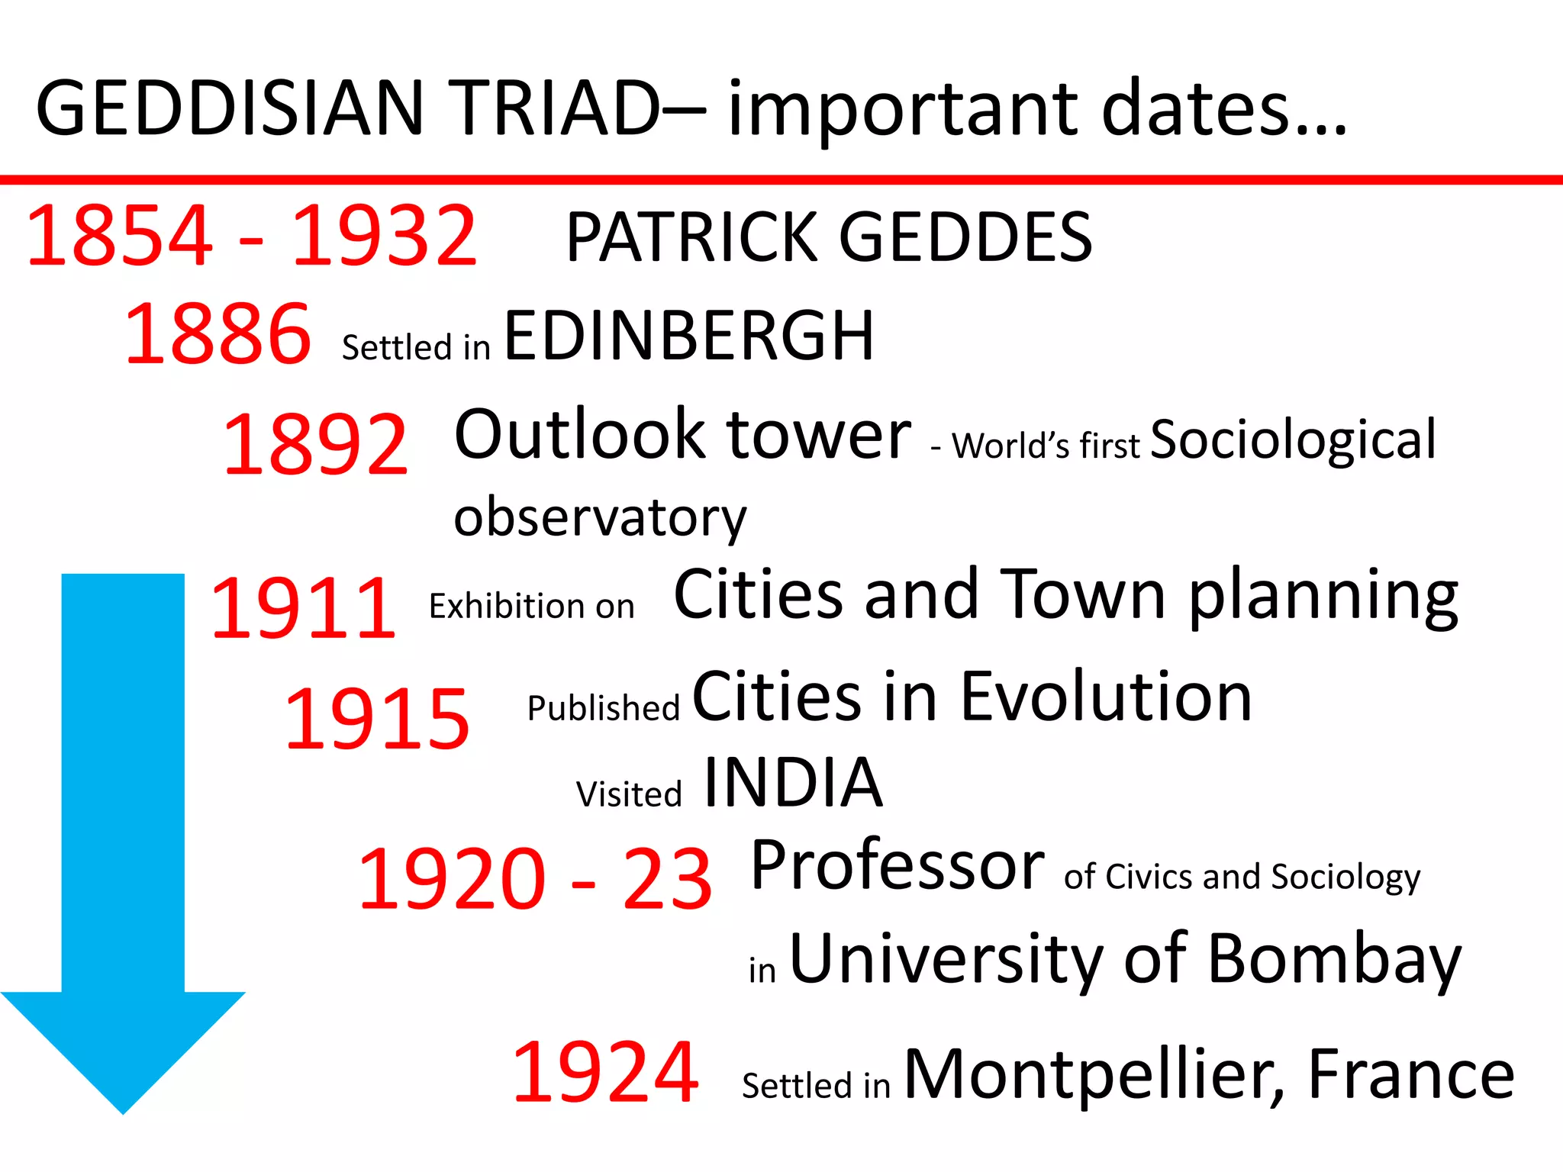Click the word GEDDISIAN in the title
tap(229, 108)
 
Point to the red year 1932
tap(384, 236)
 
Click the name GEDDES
tap(965, 237)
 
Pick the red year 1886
tap(218, 333)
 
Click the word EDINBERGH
tap(688, 336)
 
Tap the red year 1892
tap(315, 445)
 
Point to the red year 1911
tap(303, 609)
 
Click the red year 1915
tap(376, 719)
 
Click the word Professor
tap(898, 866)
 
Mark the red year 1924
tap(604, 1073)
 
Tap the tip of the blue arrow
tap(123, 1112)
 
